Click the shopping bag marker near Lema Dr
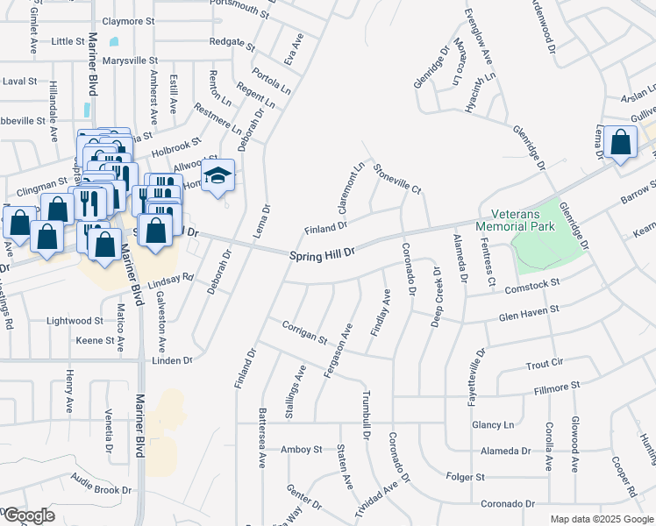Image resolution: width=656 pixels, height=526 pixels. coord(620,142)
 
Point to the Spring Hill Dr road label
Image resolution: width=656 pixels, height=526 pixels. coord(322,252)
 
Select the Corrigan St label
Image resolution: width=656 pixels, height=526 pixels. coord(304,331)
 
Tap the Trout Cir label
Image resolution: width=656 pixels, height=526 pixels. coord(544,362)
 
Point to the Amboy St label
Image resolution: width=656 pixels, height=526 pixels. coord(302,450)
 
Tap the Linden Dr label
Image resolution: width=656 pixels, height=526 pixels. coord(171,360)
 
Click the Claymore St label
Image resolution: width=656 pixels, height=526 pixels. coord(128,19)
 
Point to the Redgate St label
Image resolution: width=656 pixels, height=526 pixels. coord(232,41)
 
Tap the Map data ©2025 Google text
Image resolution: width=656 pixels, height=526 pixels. coord(601,519)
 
